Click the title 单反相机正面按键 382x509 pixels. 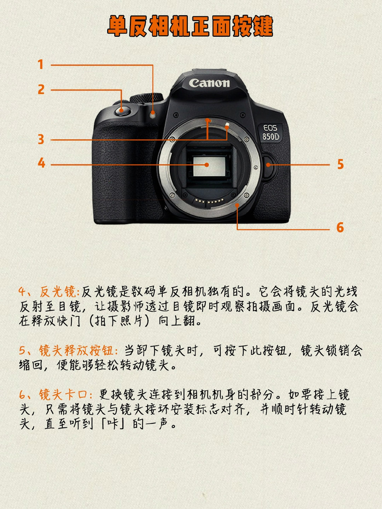(190, 26)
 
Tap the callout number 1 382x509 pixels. (41, 64)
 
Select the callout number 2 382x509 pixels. (41, 89)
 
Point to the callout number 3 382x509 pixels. (41, 139)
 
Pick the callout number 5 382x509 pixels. (340, 164)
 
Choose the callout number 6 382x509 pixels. (340, 227)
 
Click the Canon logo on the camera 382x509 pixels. (209, 83)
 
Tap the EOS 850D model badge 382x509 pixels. (271, 133)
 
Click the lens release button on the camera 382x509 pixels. (270, 165)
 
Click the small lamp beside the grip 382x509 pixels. (152, 113)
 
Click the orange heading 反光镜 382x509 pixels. (58, 292)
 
